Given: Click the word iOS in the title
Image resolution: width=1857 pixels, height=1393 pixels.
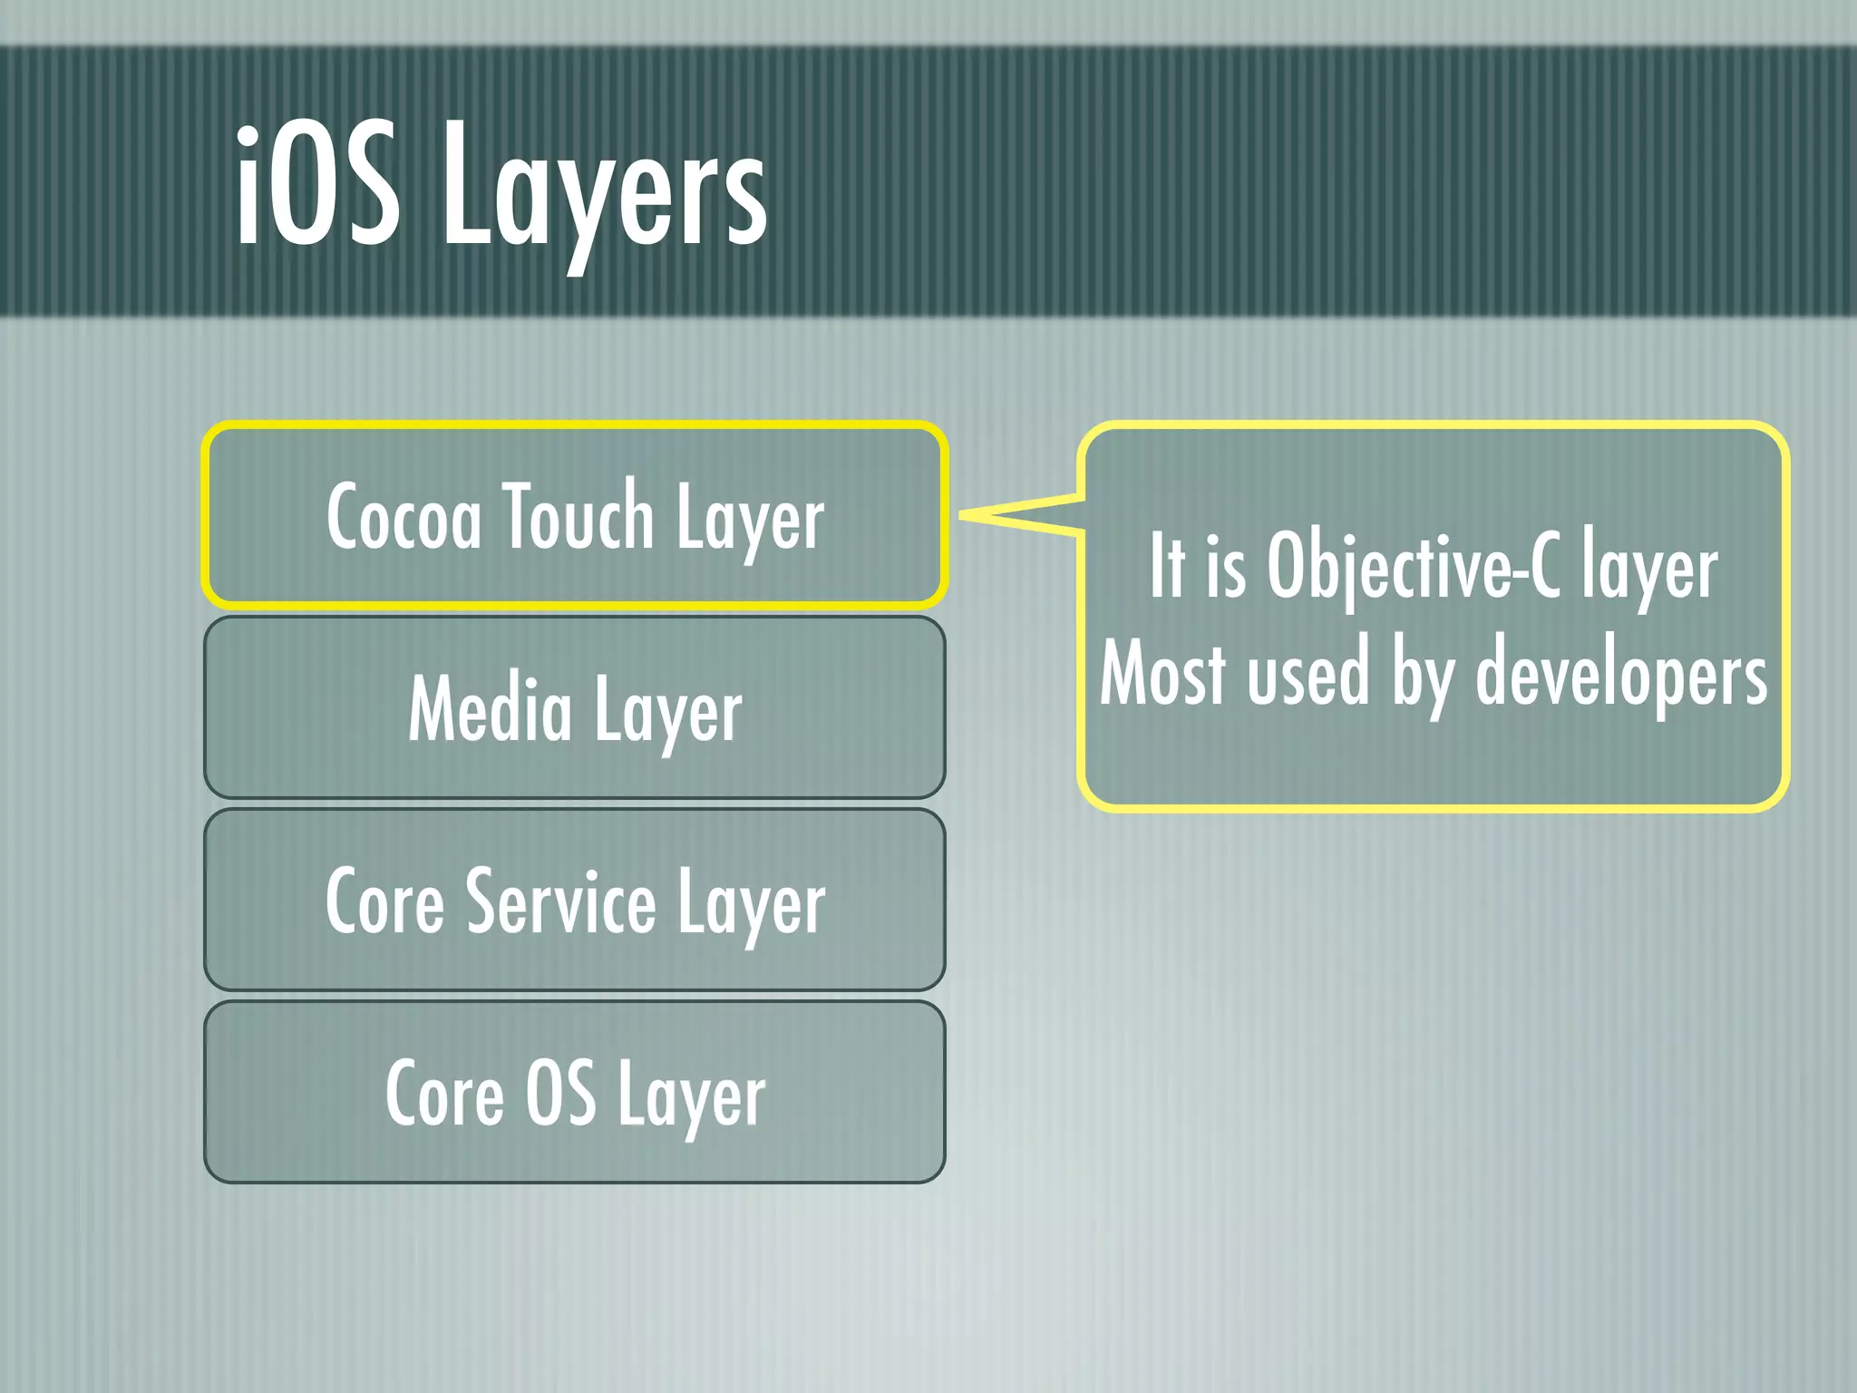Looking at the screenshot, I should click(317, 186).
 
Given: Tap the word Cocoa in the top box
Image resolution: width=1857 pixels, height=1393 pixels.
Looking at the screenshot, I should click(403, 517).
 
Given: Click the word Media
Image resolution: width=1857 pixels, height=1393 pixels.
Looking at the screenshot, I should click(490, 709).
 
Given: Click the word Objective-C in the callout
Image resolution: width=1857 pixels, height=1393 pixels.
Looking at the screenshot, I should click(1414, 567).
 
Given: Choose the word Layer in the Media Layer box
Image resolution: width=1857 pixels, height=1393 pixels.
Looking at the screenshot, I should click(668, 713).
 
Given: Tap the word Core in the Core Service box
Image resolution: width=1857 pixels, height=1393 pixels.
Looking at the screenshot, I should click(385, 901).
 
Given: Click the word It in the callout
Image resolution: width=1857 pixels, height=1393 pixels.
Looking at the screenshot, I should click(1167, 566).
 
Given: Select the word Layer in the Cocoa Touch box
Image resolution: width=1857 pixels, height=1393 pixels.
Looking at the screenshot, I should click(750, 519).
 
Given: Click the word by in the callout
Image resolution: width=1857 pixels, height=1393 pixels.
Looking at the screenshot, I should click(1421, 676).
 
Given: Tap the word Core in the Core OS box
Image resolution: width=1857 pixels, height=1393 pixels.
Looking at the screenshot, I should click(444, 1094).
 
